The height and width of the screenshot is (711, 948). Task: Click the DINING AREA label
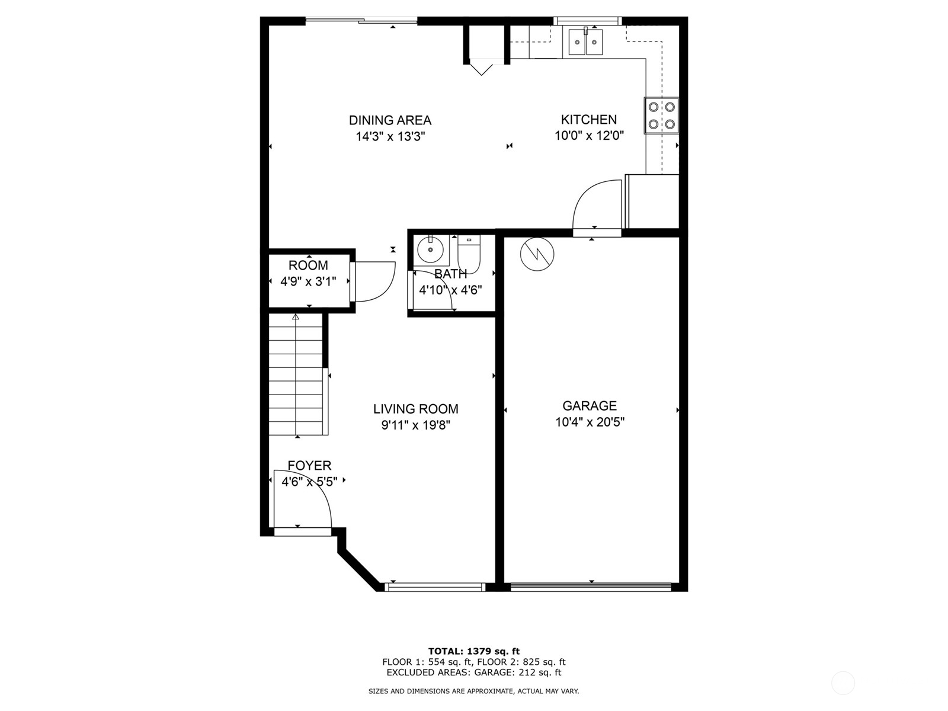point(390,120)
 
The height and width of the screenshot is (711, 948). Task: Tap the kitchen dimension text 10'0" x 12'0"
point(589,136)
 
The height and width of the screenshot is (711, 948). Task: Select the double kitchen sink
point(585,42)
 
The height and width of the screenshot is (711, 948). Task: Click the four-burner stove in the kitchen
point(661,116)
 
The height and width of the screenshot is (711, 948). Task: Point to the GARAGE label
point(589,406)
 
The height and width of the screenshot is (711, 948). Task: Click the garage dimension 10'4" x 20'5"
point(589,422)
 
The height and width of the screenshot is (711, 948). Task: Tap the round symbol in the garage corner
point(537,254)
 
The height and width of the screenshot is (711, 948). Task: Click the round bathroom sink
point(430,249)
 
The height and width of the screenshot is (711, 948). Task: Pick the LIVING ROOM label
point(415,409)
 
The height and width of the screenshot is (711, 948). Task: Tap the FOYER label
point(309,466)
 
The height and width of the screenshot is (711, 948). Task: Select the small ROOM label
point(308,265)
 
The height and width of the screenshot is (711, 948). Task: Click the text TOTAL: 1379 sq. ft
point(473,651)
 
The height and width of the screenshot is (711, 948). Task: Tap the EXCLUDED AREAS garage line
point(473,672)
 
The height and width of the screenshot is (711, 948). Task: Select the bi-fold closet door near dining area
point(482,66)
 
